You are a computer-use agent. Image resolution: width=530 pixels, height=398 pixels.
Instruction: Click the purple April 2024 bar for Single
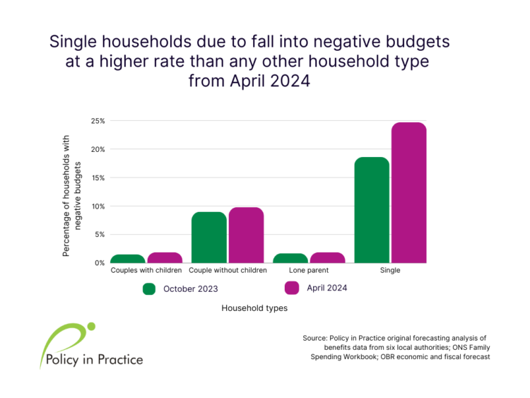pos(409,193)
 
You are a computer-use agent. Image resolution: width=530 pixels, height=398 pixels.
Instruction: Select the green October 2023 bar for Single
pos(372,210)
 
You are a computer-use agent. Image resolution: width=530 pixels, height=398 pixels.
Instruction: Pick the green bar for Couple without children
pos(209,238)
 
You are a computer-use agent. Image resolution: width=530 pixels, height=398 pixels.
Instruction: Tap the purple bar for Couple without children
pos(246,235)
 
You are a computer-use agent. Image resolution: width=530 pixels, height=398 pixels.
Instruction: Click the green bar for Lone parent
pos(290,258)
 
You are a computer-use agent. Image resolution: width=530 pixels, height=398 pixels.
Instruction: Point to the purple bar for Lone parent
pos(327,257)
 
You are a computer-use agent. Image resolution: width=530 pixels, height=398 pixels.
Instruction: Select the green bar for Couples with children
pos(128,259)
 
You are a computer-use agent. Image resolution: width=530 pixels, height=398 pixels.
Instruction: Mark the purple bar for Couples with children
pos(165,257)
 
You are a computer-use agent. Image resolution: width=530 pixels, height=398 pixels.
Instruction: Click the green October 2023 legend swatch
pos(149,289)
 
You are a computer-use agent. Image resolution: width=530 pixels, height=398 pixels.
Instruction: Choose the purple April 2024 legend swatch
pos(292,288)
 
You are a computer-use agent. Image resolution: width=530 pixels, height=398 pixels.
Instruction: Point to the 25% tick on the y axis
pos(98,121)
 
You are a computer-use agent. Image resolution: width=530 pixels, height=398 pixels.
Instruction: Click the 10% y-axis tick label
pos(98,206)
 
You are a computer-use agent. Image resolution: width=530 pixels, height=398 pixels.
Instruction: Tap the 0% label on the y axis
pos(100,263)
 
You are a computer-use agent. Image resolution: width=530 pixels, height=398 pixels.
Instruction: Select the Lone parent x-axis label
pos(309,270)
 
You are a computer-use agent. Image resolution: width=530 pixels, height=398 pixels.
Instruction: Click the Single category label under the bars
pos(390,270)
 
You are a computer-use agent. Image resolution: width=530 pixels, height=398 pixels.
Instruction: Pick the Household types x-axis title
pos(254,308)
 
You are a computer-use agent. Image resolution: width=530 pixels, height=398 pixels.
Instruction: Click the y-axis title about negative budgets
pos(71,196)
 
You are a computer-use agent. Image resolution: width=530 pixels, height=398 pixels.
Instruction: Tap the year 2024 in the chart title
pos(290,81)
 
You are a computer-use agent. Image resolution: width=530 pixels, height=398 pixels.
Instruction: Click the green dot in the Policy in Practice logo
pos(91,327)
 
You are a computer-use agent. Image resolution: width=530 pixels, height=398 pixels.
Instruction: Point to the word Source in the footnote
pos(314,338)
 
